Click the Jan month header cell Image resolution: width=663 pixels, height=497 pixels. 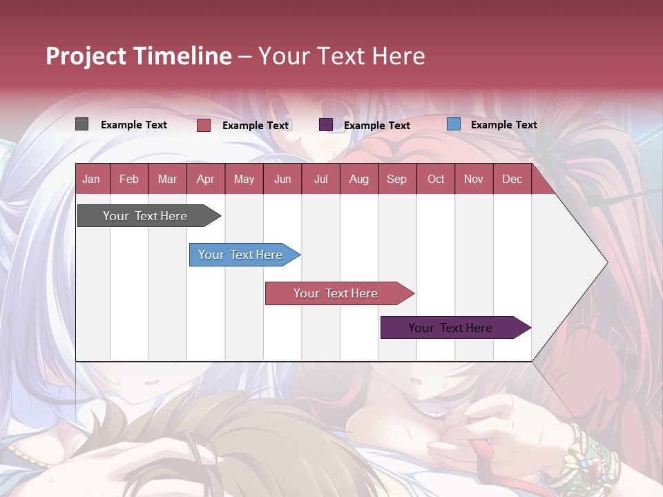coord(92,179)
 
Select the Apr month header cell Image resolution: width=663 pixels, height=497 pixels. coord(206,179)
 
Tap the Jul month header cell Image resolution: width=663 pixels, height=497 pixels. coord(320,179)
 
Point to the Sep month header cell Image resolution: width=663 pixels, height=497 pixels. coord(397,179)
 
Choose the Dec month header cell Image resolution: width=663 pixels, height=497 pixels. coord(512,179)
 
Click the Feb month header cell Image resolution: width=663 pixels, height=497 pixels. coord(129,179)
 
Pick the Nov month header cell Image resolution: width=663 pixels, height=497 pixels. coord(474,179)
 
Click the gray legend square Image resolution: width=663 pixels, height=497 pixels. coord(81,124)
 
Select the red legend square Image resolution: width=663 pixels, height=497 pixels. coord(204,125)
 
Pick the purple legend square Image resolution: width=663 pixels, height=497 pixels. coord(326,125)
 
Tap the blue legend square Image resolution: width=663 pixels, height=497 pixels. coord(453,124)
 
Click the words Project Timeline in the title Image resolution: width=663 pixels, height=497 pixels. coord(139,56)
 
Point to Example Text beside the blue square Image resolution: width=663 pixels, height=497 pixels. coord(503,125)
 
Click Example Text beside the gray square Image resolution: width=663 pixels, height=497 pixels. coord(134,125)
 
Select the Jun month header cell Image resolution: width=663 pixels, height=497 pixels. coord(282,179)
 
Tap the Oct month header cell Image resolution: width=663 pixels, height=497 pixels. coord(436,179)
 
